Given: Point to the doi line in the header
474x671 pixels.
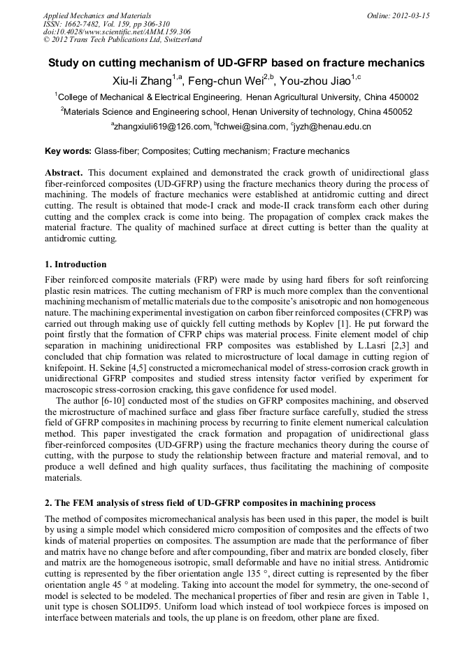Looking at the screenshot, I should (117, 31).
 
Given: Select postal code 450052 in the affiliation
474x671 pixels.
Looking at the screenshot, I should (396, 111).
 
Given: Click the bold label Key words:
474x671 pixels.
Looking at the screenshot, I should (68, 150).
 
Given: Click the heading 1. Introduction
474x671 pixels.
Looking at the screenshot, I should (76, 264).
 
